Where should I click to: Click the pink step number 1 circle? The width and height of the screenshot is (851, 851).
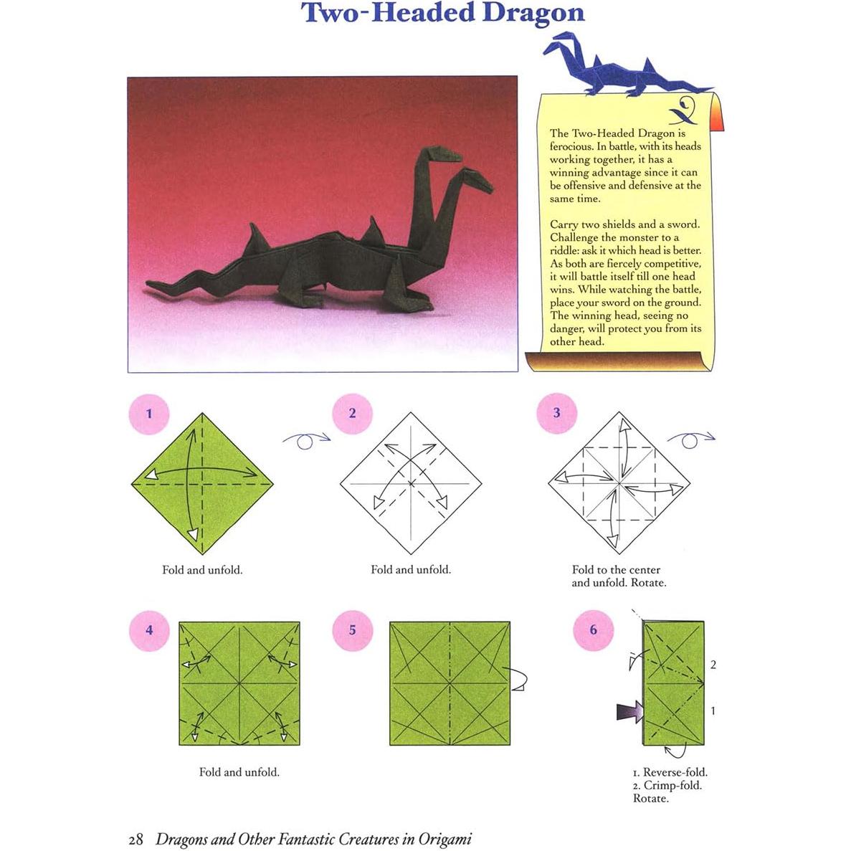coord(149,414)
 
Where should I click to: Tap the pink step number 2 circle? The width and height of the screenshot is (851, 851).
coord(352,414)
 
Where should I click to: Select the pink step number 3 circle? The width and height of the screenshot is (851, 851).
coord(556,414)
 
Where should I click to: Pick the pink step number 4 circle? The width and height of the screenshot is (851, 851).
coord(149,630)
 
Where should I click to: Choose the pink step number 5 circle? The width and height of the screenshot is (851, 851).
coord(352,630)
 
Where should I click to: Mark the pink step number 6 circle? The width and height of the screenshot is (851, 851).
coord(593,630)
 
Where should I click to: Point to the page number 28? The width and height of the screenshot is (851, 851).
coord(136,839)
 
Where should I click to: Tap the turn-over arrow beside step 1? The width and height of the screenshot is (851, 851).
coord(306,440)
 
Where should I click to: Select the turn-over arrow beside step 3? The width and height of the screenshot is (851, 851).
coord(690,439)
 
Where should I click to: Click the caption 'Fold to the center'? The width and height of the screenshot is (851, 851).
coord(616,570)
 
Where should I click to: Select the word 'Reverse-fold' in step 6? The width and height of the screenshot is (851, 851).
coord(675,772)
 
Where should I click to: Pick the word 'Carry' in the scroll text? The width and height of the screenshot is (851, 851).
coord(564,224)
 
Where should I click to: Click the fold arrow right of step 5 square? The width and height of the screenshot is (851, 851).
coord(518,678)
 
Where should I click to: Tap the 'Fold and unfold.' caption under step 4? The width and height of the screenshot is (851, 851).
coord(239,772)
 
